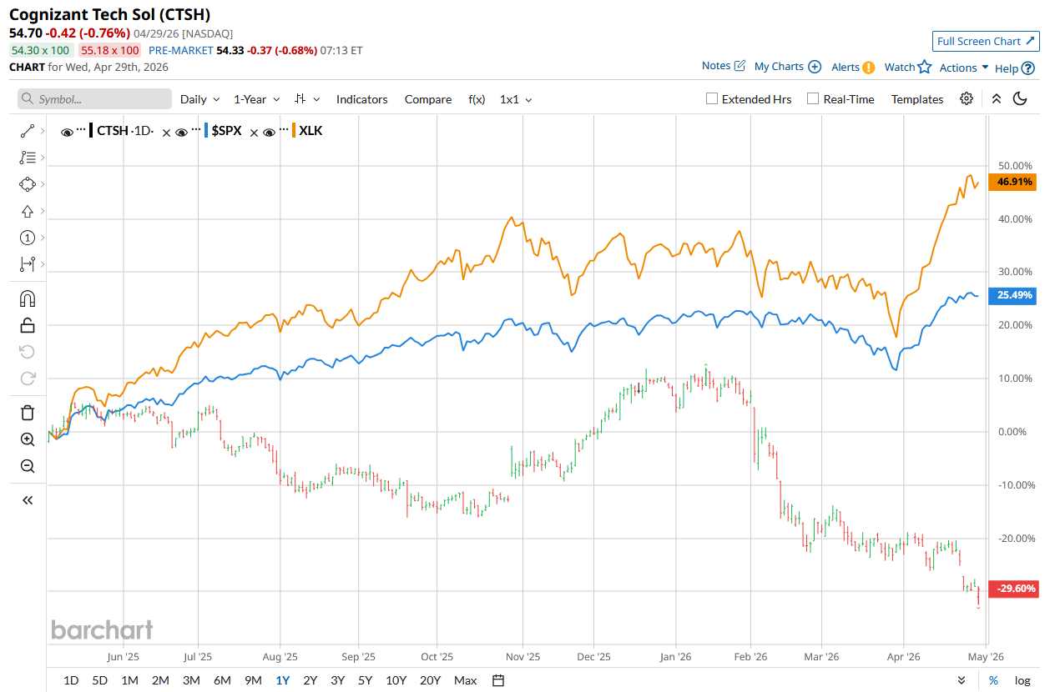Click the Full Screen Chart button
click(x=985, y=42)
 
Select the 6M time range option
click(x=222, y=680)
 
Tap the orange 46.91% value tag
click(x=1012, y=182)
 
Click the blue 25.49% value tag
click(x=1012, y=295)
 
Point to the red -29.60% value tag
click(x=1012, y=589)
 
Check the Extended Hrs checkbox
click(x=712, y=98)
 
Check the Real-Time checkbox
click(x=813, y=98)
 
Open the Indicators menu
click(x=361, y=99)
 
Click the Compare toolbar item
click(x=428, y=99)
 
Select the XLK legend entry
click(x=310, y=131)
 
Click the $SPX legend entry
click(x=226, y=131)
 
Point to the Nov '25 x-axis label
click(x=523, y=657)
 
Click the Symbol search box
click(x=94, y=99)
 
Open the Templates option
click(x=916, y=99)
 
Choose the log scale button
click(x=1022, y=680)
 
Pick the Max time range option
click(x=466, y=680)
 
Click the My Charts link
click(x=779, y=67)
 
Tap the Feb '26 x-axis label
click(x=750, y=657)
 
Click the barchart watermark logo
click(x=102, y=629)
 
